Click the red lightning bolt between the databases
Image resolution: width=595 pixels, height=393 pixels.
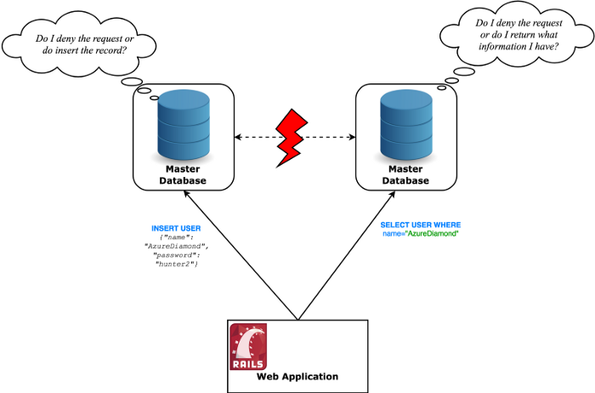click(x=293, y=136)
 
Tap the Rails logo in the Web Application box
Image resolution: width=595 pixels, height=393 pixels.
click(x=248, y=346)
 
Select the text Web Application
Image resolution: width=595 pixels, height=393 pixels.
click(x=297, y=376)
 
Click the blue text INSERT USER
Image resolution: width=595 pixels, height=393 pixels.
click(x=176, y=228)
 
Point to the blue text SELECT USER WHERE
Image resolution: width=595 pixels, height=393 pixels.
click(x=420, y=225)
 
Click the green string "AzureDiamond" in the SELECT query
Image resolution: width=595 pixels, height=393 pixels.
click(x=433, y=233)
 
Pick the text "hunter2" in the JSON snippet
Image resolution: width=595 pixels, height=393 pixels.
click(x=176, y=265)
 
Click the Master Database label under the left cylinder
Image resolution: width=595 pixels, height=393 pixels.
click(x=183, y=174)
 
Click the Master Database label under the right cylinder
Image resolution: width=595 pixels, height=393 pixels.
click(x=405, y=174)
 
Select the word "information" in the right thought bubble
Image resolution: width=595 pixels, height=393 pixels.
click(x=498, y=46)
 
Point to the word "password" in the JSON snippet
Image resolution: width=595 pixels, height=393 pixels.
click(x=174, y=255)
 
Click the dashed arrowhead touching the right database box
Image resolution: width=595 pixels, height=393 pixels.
click(x=352, y=136)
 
